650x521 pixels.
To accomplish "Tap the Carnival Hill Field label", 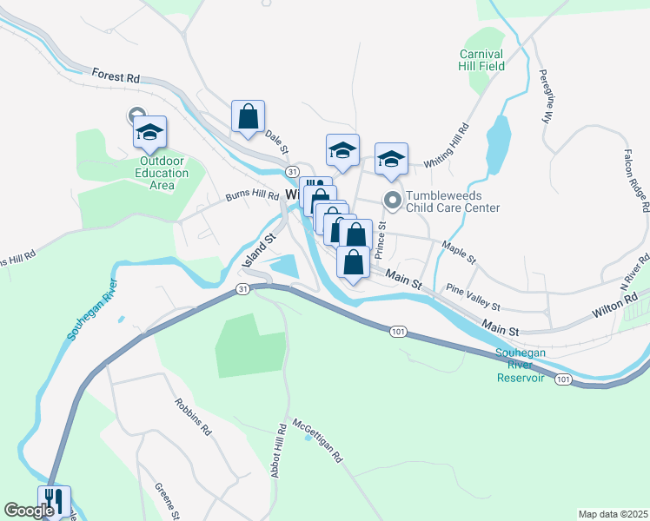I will click(x=482, y=60).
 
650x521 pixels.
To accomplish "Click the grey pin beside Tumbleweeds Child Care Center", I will click(x=393, y=201).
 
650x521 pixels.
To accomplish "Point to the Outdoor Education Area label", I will click(x=163, y=173).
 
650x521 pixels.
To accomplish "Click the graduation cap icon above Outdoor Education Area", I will click(x=149, y=132).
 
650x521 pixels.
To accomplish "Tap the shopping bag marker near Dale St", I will click(x=248, y=116).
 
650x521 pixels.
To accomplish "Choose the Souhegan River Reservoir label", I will click(x=521, y=365).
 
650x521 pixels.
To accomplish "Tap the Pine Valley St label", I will click(x=473, y=296).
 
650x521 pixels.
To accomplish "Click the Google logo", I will click(x=29, y=511).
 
